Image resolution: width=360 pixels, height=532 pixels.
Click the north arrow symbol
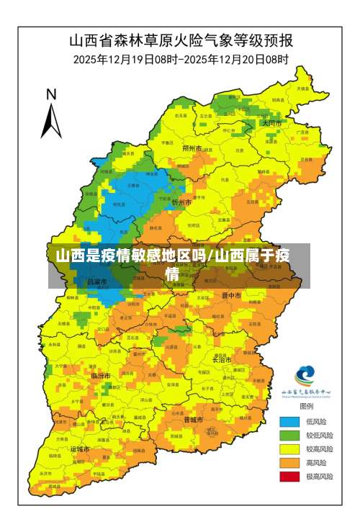click(x=50, y=119)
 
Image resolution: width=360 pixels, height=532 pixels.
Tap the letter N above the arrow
click(x=51, y=94)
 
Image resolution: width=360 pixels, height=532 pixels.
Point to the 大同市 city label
click(x=271, y=123)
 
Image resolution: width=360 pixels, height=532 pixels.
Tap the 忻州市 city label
click(x=181, y=203)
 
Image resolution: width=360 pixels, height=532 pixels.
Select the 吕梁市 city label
click(x=96, y=281)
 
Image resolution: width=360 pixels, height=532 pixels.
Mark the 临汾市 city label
click(x=101, y=376)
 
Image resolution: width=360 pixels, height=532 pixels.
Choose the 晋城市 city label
click(x=193, y=419)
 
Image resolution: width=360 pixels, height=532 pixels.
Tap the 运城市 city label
click(x=80, y=448)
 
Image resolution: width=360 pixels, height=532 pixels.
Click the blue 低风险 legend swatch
click(x=290, y=422)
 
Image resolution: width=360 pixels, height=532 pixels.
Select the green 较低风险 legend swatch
click(x=290, y=436)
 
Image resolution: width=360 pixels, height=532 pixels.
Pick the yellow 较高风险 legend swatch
click(x=290, y=449)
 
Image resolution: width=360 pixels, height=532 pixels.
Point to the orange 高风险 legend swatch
click(x=290, y=462)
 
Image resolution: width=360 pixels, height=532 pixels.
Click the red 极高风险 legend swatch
click(x=290, y=476)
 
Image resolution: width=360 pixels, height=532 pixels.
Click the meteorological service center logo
click(x=305, y=376)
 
